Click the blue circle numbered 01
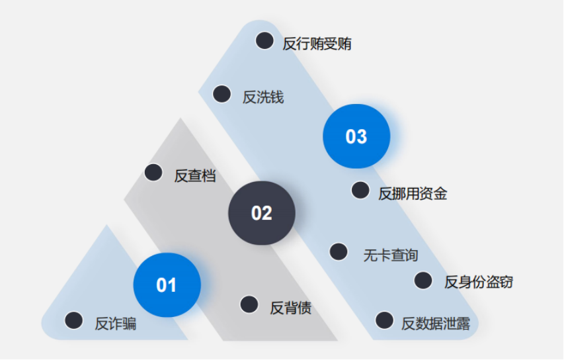[x=167, y=285]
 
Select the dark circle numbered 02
[x=262, y=213]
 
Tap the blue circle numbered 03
[x=356, y=136]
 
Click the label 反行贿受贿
[x=317, y=44]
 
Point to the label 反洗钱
[x=263, y=97]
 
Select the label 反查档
[x=195, y=176]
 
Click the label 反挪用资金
[x=413, y=194]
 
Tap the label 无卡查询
[x=391, y=255]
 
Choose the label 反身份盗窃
[x=479, y=282]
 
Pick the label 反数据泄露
[x=436, y=324]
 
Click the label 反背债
[x=291, y=308]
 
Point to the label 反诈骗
[x=116, y=324]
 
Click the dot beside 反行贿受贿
[x=264, y=40]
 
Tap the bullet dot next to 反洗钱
[x=222, y=94]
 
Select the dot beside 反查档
[x=153, y=173]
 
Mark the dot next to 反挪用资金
[x=360, y=190]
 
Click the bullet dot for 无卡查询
[x=339, y=251]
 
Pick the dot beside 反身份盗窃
[x=423, y=281]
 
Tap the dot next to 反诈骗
[x=74, y=320]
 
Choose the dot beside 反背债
[x=249, y=304]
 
